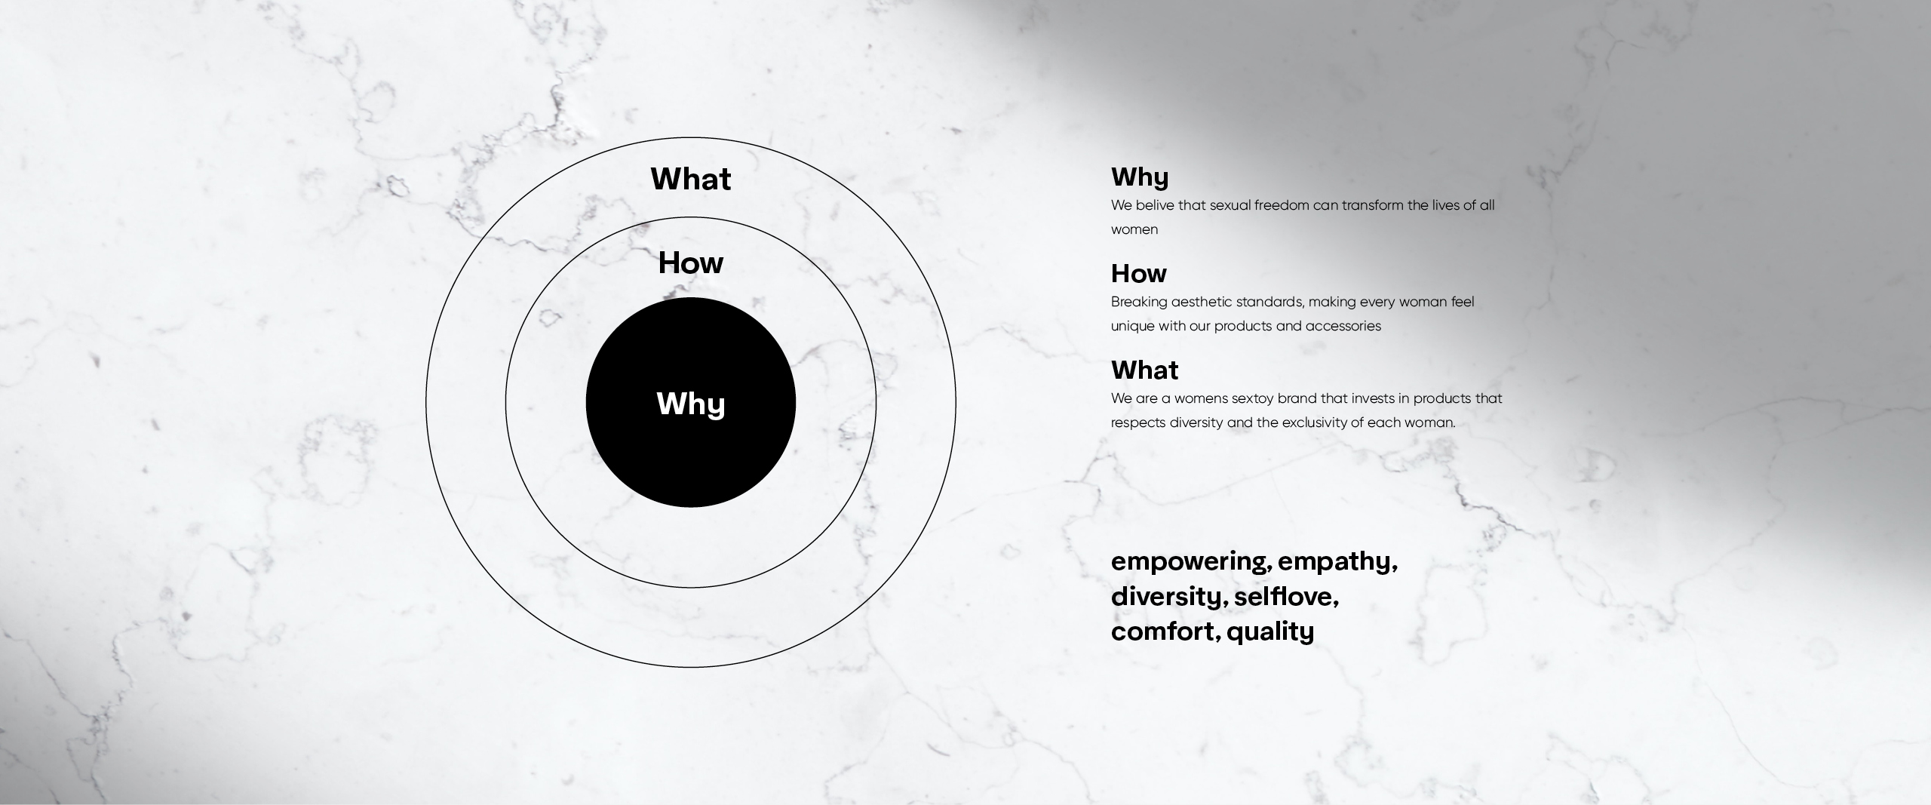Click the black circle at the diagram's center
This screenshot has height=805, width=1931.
[x=691, y=402]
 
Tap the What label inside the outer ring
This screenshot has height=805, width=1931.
[x=691, y=179]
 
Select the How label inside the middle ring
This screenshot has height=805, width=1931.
[x=691, y=263]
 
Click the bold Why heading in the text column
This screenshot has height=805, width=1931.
[x=1140, y=178]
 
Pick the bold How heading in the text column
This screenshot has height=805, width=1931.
[x=1139, y=273]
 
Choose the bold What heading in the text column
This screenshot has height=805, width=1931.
[x=1145, y=370]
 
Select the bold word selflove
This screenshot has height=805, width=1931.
[x=1286, y=597]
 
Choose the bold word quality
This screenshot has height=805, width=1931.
[x=1270, y=631]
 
